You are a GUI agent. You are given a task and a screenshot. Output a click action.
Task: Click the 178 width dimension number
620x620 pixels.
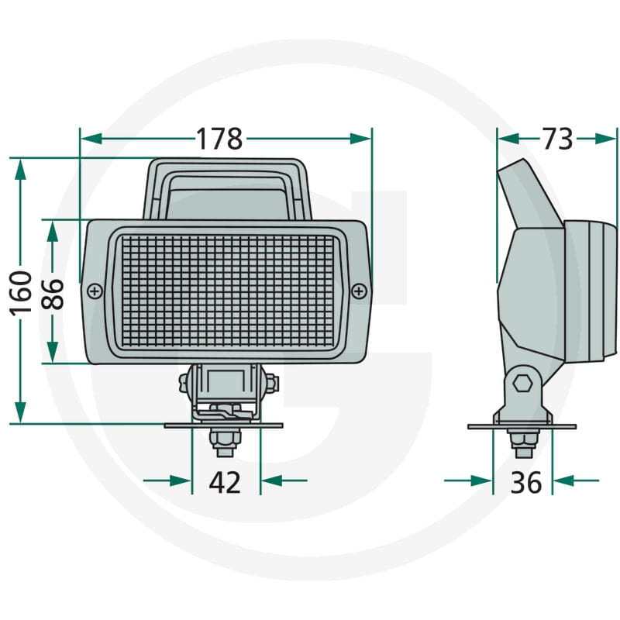pos(219,139)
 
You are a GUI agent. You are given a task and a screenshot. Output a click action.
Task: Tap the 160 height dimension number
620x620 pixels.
pos(21,294)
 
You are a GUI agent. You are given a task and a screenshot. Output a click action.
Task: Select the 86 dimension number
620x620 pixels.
pos(52,294)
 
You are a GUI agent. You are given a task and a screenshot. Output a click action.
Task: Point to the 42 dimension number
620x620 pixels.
pos(225,482)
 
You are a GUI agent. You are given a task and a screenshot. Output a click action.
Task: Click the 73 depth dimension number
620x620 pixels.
pos(557,139)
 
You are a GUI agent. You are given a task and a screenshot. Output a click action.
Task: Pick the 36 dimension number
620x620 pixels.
pos(526,482)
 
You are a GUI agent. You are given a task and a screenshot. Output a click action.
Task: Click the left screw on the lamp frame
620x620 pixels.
pos(95,292)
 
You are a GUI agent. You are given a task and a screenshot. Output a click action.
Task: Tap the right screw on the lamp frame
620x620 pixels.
pos(359,292)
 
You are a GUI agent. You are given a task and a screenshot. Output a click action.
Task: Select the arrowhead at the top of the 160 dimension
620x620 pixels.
pos(21,169)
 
